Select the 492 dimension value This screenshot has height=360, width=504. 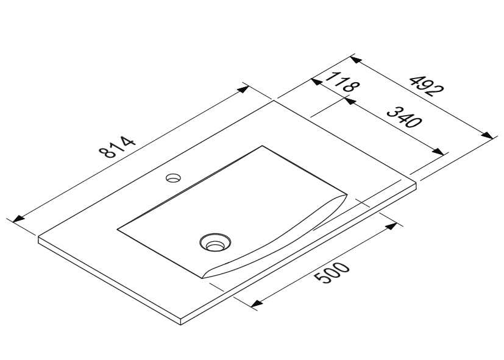[x=426, y=86]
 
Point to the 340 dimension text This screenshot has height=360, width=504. [x=404, y=117]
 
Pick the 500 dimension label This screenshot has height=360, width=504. [x=331, y=273]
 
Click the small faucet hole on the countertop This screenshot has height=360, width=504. [x=173, y=178]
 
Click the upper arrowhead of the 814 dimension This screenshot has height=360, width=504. [x=243, y=89]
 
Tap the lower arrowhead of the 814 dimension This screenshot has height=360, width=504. [x=19, y=219]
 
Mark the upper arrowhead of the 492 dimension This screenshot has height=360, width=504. [x=356, y=60]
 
